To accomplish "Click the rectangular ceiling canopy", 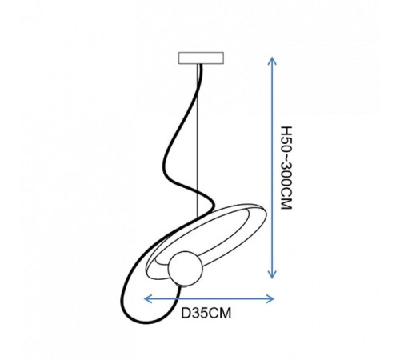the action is point(201,58).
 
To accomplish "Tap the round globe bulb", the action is point(186,268).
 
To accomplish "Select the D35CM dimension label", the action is point(206,314).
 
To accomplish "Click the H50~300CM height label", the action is point(287,168).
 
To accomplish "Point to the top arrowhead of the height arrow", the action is point(272,60).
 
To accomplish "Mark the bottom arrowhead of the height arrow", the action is point(272,274).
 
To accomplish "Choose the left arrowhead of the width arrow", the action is point(148,299).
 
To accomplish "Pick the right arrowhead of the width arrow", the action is point(270,299).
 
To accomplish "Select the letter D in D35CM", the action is point(186,314).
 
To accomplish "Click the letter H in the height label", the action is point(287,130).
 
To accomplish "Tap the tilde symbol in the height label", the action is point(287,158).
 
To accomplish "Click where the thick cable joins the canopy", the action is point(200,65).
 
